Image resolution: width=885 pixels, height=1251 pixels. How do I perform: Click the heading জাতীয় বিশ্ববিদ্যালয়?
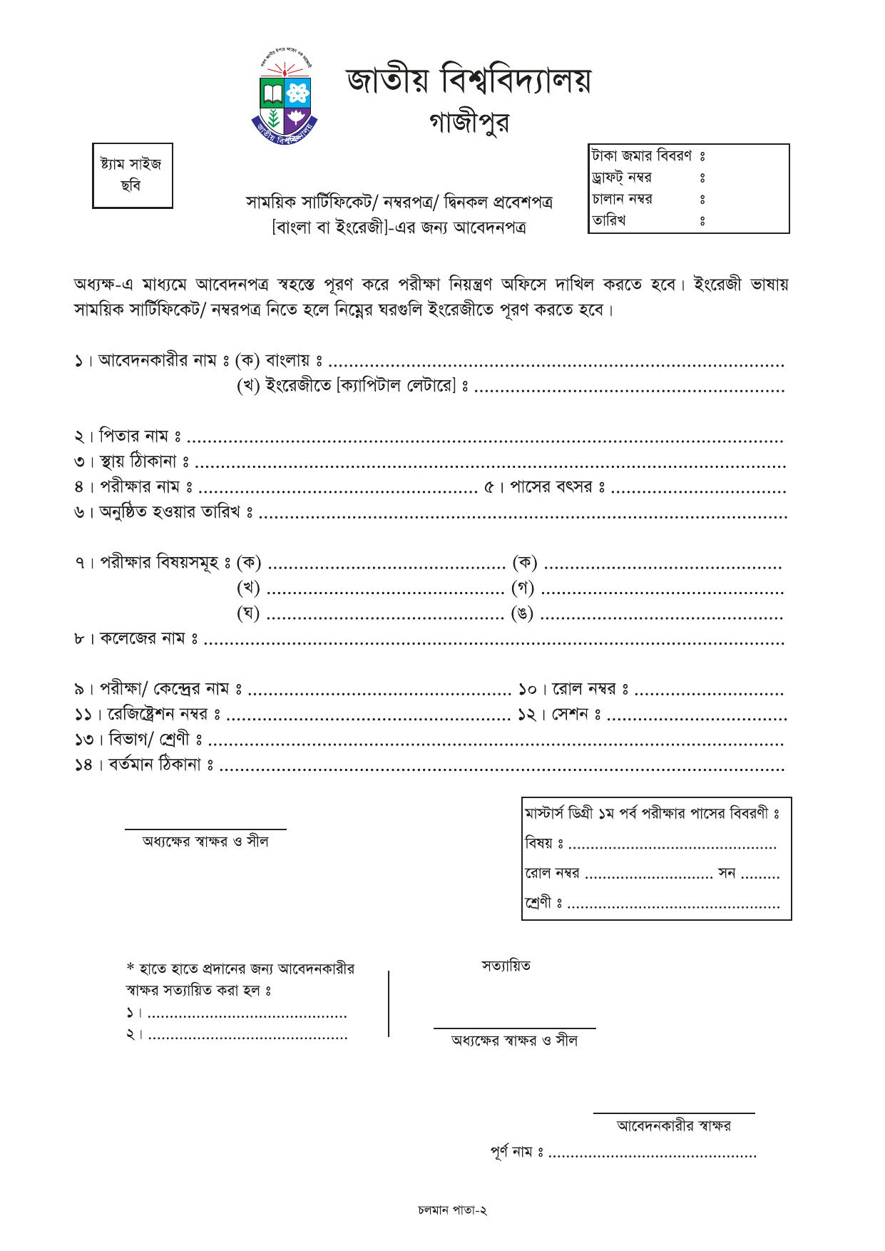(469, 80)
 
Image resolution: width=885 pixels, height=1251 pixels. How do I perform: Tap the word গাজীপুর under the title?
(469, 123)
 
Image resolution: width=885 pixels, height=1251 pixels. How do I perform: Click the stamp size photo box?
(132, 175)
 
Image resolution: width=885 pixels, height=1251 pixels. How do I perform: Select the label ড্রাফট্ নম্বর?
(621, 178)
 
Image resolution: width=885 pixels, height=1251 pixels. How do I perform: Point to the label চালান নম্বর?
(622, 199)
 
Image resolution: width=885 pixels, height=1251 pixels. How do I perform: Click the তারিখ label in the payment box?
(608, 220)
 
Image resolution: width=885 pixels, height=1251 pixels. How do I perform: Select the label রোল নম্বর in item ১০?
(583, 689)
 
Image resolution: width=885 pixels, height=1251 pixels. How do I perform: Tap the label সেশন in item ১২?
(569, 715)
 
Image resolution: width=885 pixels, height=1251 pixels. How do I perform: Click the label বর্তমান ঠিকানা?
(155, 765)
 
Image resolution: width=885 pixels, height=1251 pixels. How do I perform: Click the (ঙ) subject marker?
(523, 613)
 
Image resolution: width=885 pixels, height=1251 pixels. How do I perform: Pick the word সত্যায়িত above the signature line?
(506, 966)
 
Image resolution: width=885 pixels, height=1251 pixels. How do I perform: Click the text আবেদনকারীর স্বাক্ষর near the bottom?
(673, 1126)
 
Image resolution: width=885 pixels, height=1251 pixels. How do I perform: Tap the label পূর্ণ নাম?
(511, 1151)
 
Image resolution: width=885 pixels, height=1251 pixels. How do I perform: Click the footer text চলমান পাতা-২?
(452, 1210)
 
